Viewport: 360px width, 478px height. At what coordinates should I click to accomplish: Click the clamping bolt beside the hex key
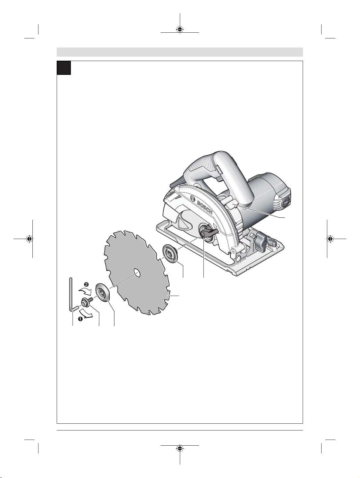86,302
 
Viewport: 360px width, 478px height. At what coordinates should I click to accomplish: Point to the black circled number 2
86,284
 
